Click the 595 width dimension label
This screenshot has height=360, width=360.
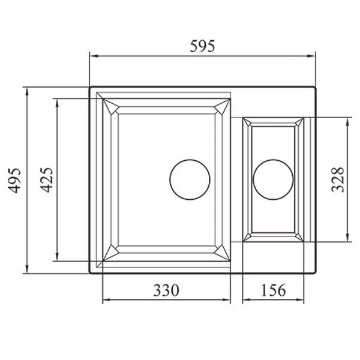tap(202, 46)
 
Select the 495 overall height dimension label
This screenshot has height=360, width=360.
tap(15, 180)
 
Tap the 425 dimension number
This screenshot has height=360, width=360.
tap(46, 180)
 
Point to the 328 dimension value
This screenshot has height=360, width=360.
tap(338, 179)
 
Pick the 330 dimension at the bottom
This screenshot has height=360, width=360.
tap(166, 290)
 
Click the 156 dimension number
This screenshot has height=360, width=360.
tap(273, 290)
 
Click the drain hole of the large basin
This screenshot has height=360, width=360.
tap(190, 179)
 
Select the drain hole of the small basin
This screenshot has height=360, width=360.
tap(273, 179)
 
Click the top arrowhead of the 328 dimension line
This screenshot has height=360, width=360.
tap(347, 121)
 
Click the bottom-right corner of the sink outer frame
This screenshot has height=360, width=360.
tap(315, 273)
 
